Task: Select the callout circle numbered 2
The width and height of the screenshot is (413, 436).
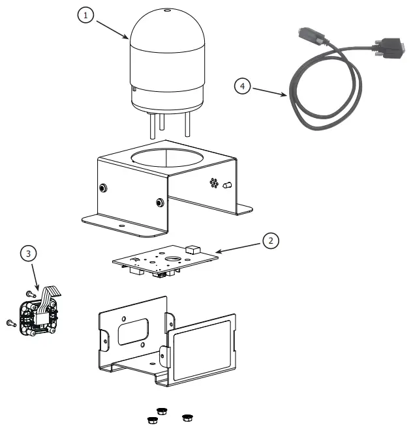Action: click(270, 240)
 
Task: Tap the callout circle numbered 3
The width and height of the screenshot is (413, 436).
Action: click(27, 252)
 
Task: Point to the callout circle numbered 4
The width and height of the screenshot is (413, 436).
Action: click(242, 85)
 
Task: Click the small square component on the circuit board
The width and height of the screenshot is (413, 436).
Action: click(192, 249)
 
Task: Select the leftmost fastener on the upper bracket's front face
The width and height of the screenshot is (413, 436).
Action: click(103, 188)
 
